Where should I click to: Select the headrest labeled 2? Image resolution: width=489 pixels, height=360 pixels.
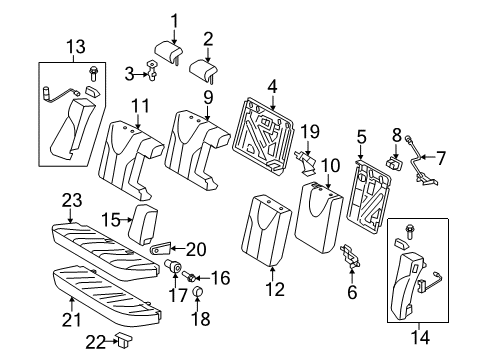[207, 67]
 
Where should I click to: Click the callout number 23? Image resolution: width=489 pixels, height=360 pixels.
[69, 201]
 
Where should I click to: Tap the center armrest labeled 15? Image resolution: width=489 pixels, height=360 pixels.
[146, 225]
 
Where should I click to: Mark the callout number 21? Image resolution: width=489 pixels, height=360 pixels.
[70, 320]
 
